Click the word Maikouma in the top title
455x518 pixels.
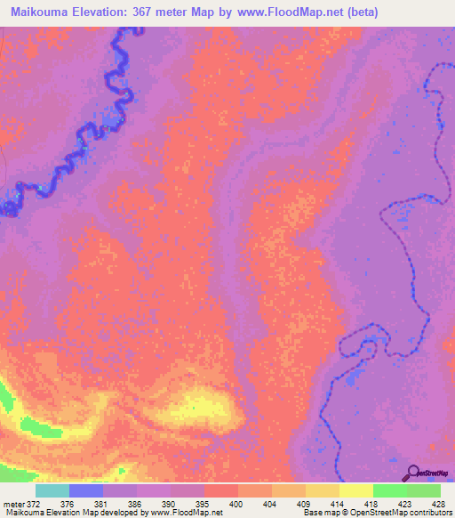[41, 12]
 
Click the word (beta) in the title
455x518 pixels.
[357, 12]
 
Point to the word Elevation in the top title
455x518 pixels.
[107, 12]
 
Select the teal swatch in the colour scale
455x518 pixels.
[52, 490]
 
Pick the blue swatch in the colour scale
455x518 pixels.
[86, 490]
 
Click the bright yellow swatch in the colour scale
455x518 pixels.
[355, 490]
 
